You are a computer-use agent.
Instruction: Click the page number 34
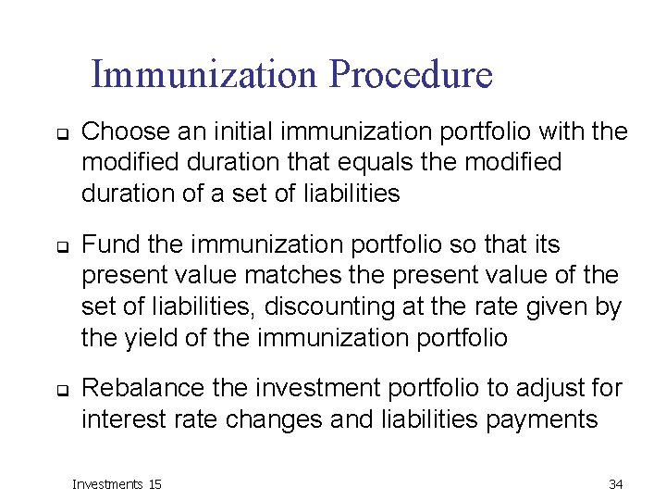(x=615, y=484)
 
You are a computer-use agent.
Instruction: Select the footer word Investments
(x=108, y=484)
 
